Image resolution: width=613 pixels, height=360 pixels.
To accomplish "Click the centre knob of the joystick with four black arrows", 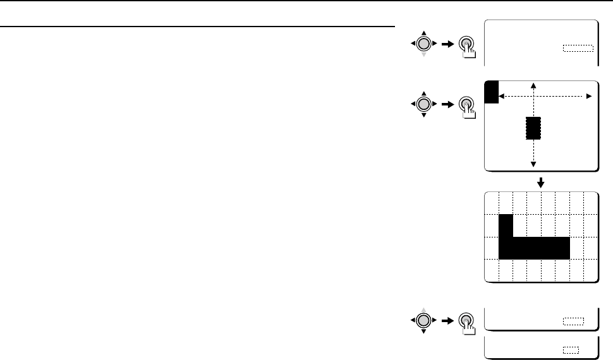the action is tap(425, 104).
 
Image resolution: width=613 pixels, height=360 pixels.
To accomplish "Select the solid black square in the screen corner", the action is tap(492, 92).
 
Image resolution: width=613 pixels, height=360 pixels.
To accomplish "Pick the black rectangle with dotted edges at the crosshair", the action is tap(534, 128).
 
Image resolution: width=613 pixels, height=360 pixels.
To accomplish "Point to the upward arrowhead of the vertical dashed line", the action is tap(534, 85).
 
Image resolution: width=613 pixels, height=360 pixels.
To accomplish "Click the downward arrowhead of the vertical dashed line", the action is tap(534, 164).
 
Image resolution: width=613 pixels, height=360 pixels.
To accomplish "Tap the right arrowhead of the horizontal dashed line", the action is tap(589, 96).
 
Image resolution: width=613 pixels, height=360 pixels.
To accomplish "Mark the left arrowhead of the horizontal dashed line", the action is tap(502, 96).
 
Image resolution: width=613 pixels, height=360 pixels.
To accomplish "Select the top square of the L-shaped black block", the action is tap(506, 225).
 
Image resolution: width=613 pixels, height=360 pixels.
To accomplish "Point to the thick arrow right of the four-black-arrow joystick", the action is tap(448, 104).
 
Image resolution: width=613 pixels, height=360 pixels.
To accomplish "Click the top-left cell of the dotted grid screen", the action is tap(492, 203).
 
